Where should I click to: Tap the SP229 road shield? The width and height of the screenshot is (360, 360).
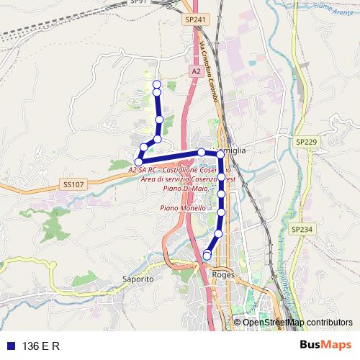pos(305,143)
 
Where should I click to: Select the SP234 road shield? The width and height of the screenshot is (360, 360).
pos(302,228)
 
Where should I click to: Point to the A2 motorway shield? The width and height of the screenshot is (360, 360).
pos(196,71)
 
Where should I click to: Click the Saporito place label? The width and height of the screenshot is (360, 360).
pos(138,278)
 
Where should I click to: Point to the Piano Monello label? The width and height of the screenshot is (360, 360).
pos(184,207)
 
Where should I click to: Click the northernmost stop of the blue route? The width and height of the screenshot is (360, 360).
pos(157,85)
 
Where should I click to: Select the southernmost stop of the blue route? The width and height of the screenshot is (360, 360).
pos(207,255)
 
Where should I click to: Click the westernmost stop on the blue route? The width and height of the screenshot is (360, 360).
pos(139,161)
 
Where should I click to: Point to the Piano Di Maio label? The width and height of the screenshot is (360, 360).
pos(181,188)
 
